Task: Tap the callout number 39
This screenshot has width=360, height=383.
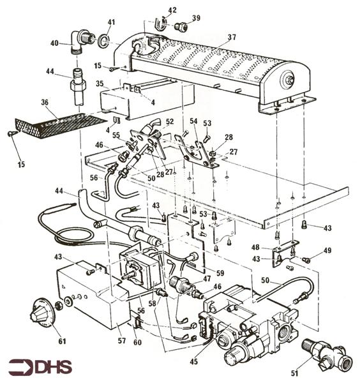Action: pyautogui.click(x=195, y=18)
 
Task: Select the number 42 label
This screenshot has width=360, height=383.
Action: pyautogui.click(x=172, y=10)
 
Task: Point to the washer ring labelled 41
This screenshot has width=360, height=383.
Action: pyautogui.click(x=103, y=43)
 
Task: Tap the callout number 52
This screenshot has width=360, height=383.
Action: pyautogui.click(x=170, y=121)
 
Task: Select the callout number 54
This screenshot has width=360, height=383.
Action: pyautogui.click(x=193, y=121)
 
